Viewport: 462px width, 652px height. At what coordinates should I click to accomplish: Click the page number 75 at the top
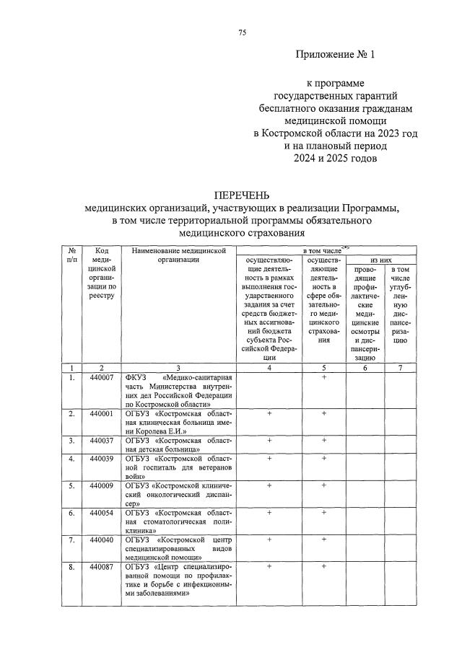point(243,32)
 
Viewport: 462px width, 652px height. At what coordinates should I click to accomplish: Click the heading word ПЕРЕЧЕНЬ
point(243,195)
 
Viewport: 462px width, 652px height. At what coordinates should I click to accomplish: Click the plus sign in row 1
point(324,378)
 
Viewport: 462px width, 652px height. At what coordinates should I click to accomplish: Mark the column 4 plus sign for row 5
point(269,486)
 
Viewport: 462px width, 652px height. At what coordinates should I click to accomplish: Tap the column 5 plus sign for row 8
point(324,567)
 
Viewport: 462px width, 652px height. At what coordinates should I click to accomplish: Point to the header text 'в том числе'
point(324,250)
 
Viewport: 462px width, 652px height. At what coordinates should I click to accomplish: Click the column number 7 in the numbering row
point(401,369)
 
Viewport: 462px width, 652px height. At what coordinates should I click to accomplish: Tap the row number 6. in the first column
point(71,513)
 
